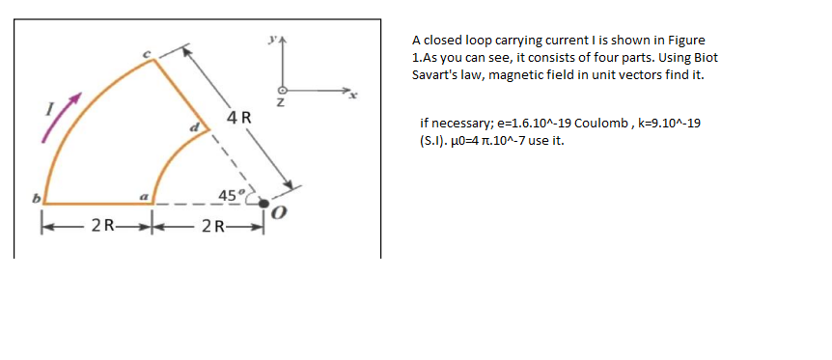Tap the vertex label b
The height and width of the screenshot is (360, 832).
click(34, 198)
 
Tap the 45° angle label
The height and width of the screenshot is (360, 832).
click(232, 195)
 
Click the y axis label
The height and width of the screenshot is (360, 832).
click(275, 42)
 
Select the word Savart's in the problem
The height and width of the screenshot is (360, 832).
click(434, 75)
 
